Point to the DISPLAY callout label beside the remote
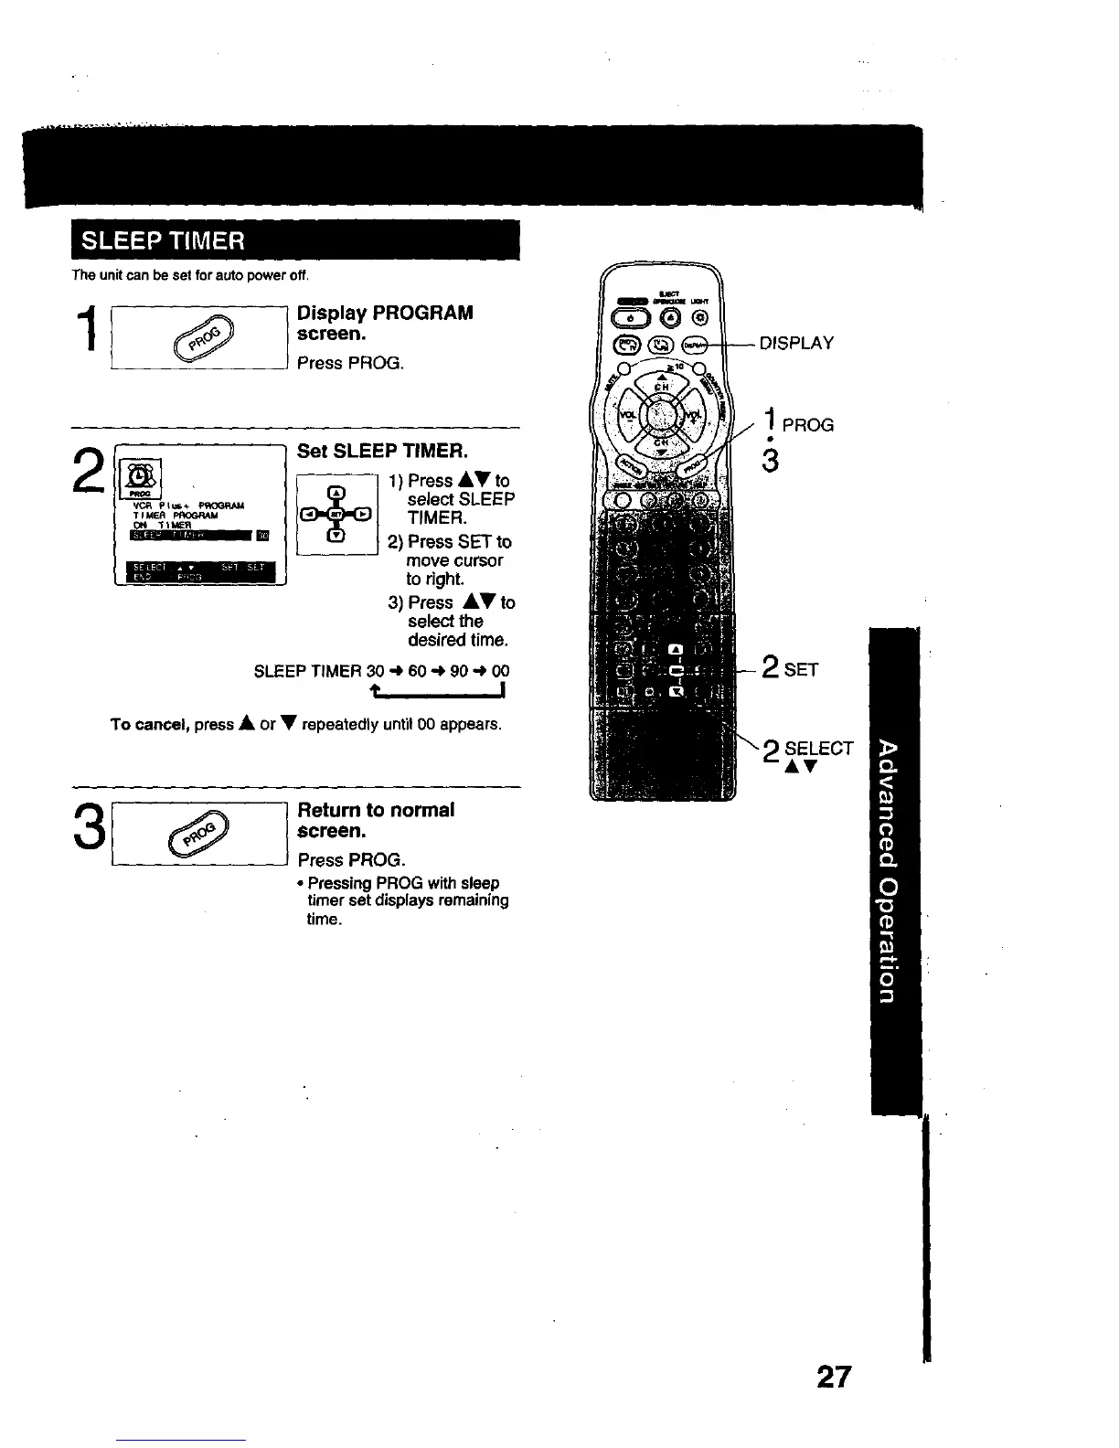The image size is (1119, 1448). pos(796,344)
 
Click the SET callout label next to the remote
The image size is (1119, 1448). pos(800,669)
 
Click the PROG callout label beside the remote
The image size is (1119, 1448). pos(807,425)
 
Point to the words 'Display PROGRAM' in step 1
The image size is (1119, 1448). pos(385,313)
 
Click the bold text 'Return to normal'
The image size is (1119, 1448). pos(376,810)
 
